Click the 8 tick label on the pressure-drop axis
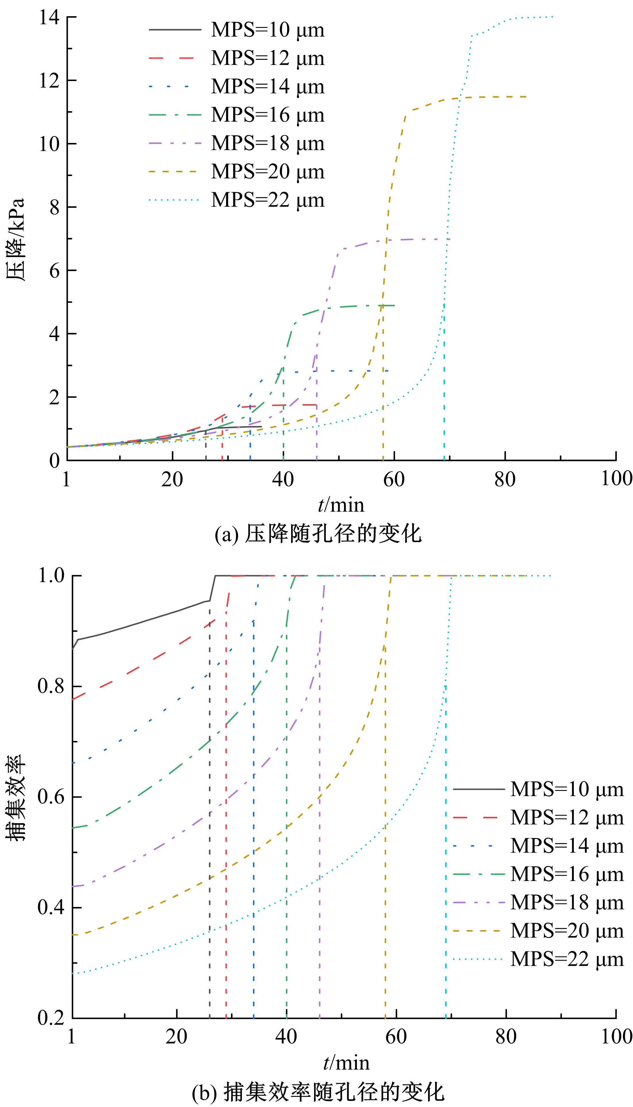(x=54, y=208)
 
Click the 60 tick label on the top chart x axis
(x=394, y=479)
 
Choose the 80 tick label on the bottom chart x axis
(x=506, y=1037)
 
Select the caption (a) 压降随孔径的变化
(x=318, y=534)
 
